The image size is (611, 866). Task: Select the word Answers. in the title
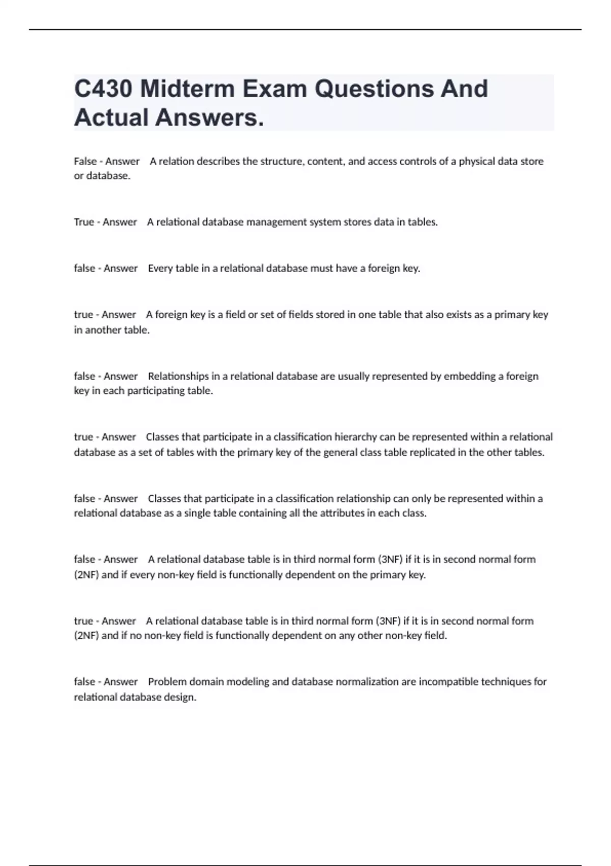click(210, 118)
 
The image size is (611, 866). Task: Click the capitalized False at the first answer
click(85, 161)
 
